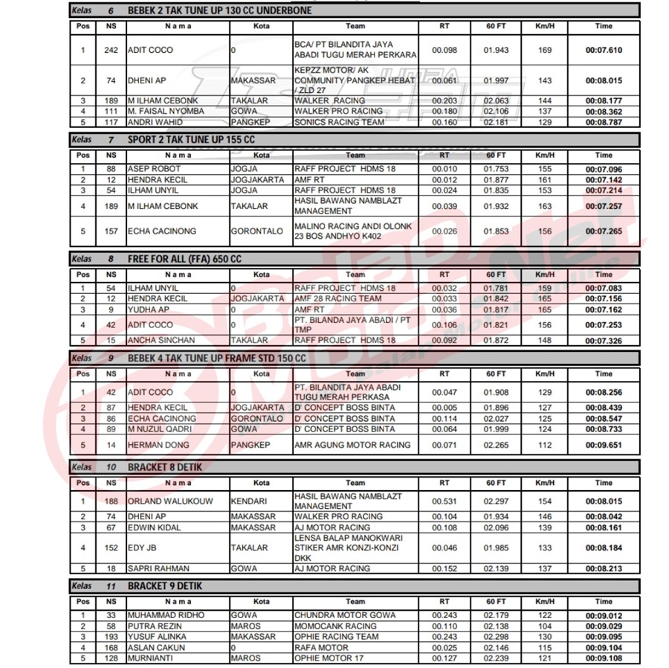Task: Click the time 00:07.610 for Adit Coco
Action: tap(604, 51)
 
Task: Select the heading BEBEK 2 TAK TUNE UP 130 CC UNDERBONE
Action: tap(219, 11)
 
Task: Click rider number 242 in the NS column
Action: tap(111, 51)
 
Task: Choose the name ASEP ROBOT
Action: tap(154, 169)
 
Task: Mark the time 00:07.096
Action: tap(604, 169)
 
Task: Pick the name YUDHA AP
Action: tap(149, 309)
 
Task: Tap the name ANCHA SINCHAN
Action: tap(161, 340)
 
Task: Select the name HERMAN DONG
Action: tap(156, 445)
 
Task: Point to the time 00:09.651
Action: tap(604, 445)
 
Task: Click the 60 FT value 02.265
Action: tap(496, 445)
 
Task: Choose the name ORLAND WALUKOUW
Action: tap(169, 501)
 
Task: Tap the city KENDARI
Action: tap(249, 501)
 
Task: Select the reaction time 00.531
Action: tap(445, 501)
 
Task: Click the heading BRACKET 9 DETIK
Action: tap(164, 586)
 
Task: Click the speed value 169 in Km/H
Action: tap(545, 51)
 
